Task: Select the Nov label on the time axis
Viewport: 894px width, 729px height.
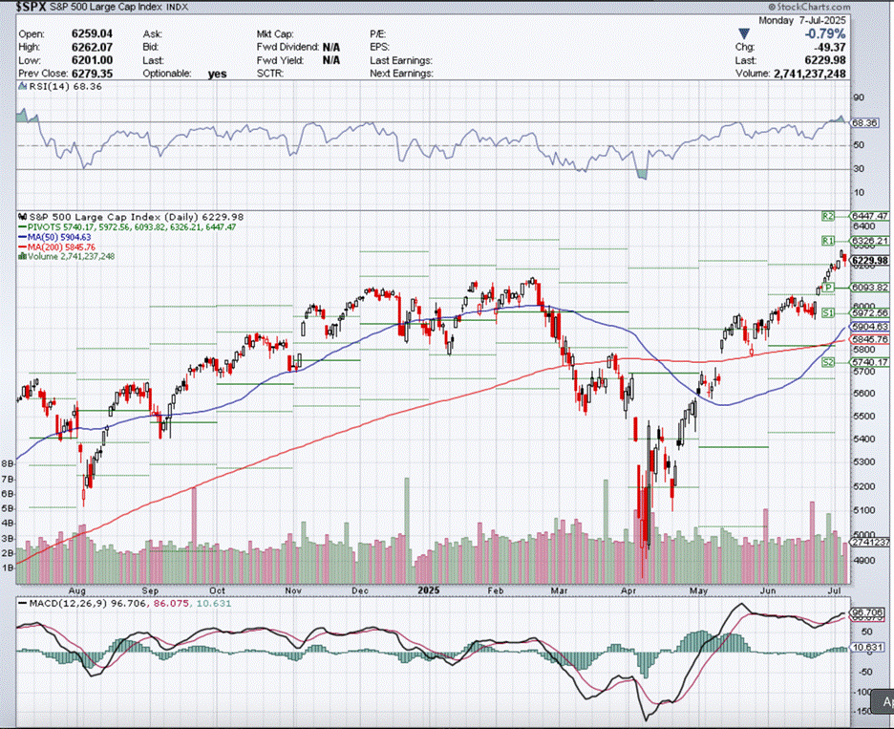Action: point(293,590)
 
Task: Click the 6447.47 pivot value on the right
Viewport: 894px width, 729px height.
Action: point(869,217)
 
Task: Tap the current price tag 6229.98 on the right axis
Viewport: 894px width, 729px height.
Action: point(869,260)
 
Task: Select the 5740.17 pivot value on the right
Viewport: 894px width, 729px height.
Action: point(869,362)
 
